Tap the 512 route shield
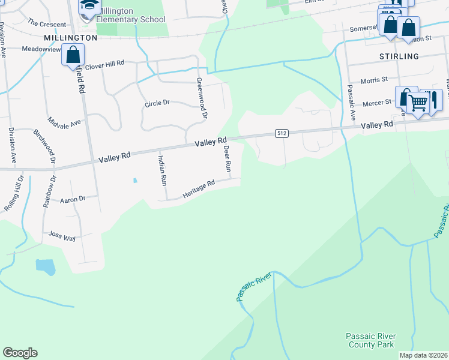[282, 133]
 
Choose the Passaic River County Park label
[370, 340]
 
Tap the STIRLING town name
[399, 56]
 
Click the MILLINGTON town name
[70, 37]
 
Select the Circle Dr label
[157, 103]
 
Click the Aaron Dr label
[73, 199]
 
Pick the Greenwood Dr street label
[202, 97]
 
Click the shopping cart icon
[418, 103]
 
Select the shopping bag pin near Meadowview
[73, 55]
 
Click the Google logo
[20, 353]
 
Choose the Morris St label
[374, 79]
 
